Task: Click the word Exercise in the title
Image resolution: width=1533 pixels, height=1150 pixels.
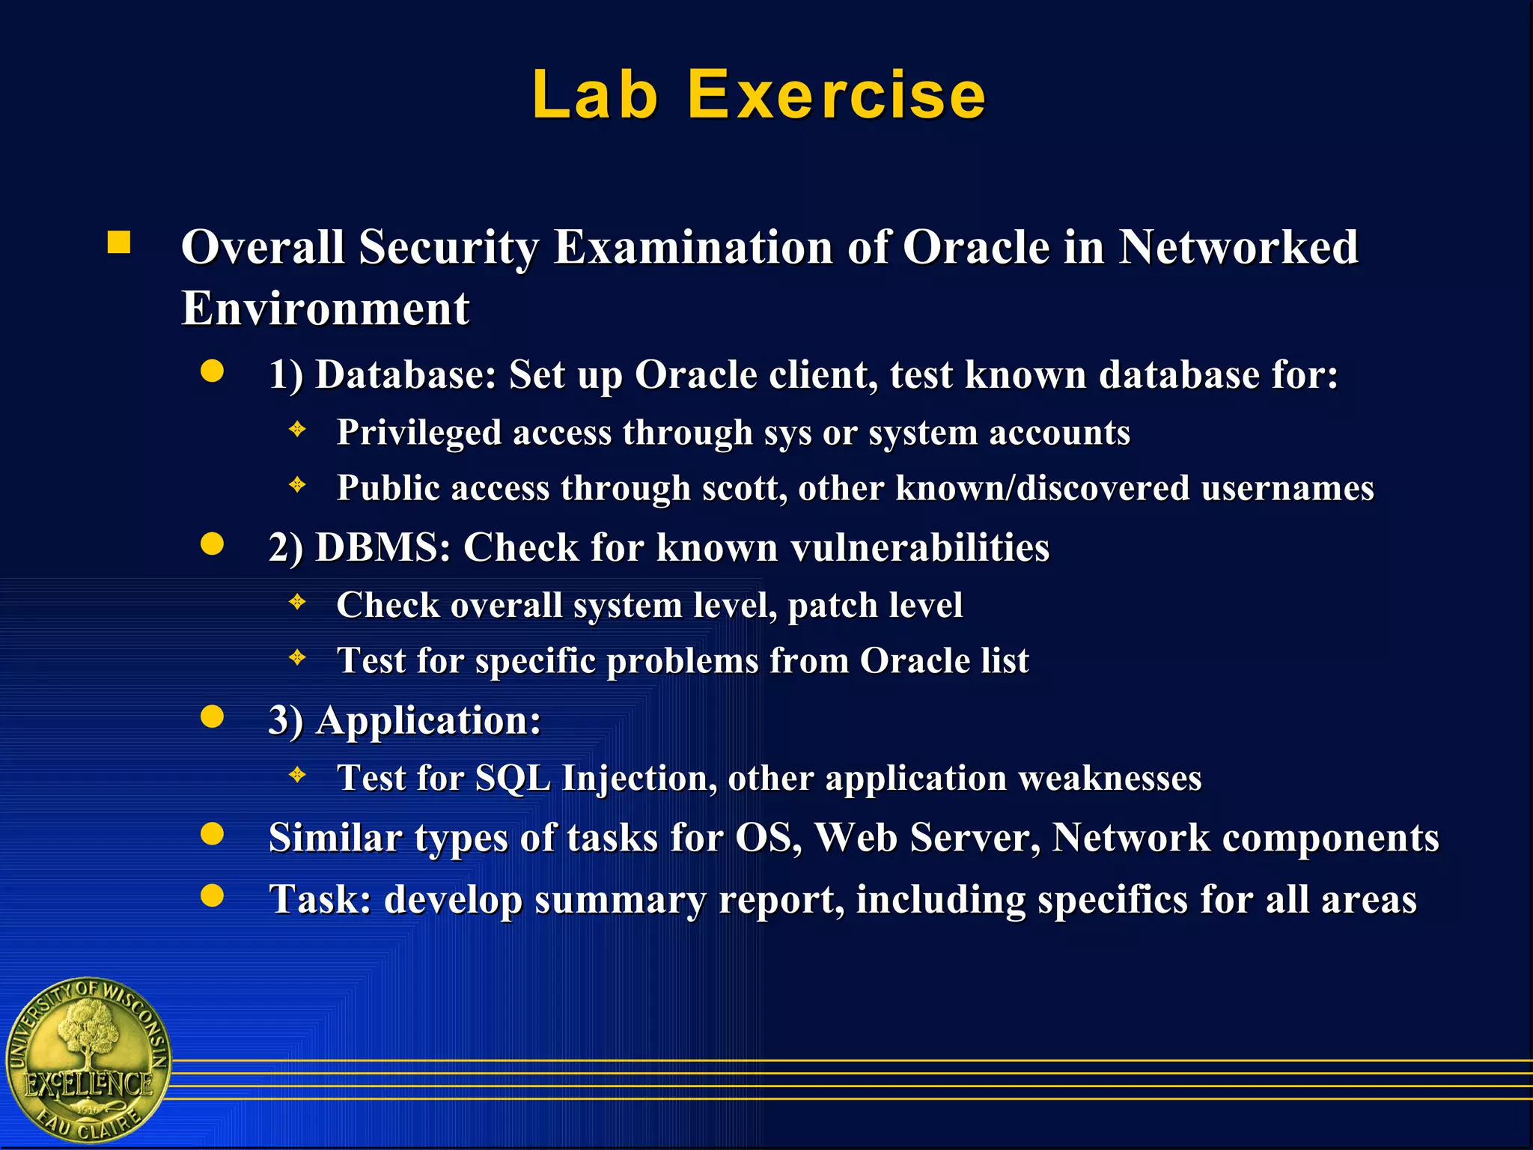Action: pyautogui.click(x=836, y=95)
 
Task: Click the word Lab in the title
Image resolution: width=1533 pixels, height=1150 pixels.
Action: pyautogui.click(x=595, y=95)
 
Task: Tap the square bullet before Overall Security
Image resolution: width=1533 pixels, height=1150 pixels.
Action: pyautogui.click(x=119, y=243)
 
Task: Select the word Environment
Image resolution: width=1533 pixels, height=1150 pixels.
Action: pyautogui.click(x=326, y=308)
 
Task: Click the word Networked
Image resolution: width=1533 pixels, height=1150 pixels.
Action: pyautogui.click(x=1238, y=247)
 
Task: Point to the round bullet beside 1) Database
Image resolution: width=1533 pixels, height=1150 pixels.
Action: pyautogui.click(x=213, y=371)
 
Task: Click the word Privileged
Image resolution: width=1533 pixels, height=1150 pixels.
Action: pyautogui.click(x=418, y=433)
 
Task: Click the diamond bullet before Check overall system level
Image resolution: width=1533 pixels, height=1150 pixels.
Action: pyautogui.click(x=298, y=602)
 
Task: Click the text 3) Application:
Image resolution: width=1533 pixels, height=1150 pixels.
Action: pyautogui.click(x=405, y=720)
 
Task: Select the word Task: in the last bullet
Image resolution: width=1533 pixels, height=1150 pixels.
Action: pyautogui.click(x=320, y=899)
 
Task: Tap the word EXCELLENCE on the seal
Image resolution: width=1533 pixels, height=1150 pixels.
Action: pyautogui.click(x=88, y=1083)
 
